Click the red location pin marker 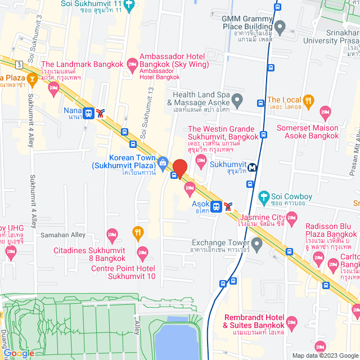coord(179,168)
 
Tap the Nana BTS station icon coord(88,113)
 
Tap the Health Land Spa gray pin coord(237,101)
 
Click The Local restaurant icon coord(308,101)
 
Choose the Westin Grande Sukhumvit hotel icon coord(201,161)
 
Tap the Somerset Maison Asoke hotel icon coord(325,111)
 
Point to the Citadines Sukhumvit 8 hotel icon coord(112,233)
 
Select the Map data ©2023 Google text coord(325,355)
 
